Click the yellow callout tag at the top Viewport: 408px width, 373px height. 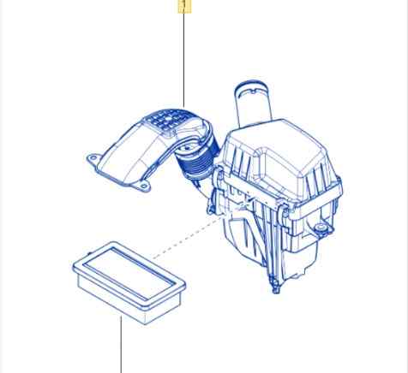click(x=184, y=6)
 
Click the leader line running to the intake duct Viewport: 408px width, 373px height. click(x=183, y=61)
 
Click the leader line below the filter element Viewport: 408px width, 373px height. click(x=121, y=345)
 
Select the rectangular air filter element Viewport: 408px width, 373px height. click(x=129, y=282)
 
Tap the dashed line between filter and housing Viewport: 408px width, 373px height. click(x=187, y=237)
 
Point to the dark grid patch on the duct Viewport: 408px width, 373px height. click(x=168, y=121)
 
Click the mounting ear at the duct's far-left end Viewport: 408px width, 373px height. click(x=93, y=159)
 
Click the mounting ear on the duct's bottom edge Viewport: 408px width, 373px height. click(x=141, y=186)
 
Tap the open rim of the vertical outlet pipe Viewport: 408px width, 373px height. click(x=251, y=86)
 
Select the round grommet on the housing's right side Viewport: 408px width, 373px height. click(x=321, y=228)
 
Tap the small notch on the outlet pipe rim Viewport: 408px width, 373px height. click(x=255, y=92)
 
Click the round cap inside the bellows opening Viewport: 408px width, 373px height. click(x=187, y=149)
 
